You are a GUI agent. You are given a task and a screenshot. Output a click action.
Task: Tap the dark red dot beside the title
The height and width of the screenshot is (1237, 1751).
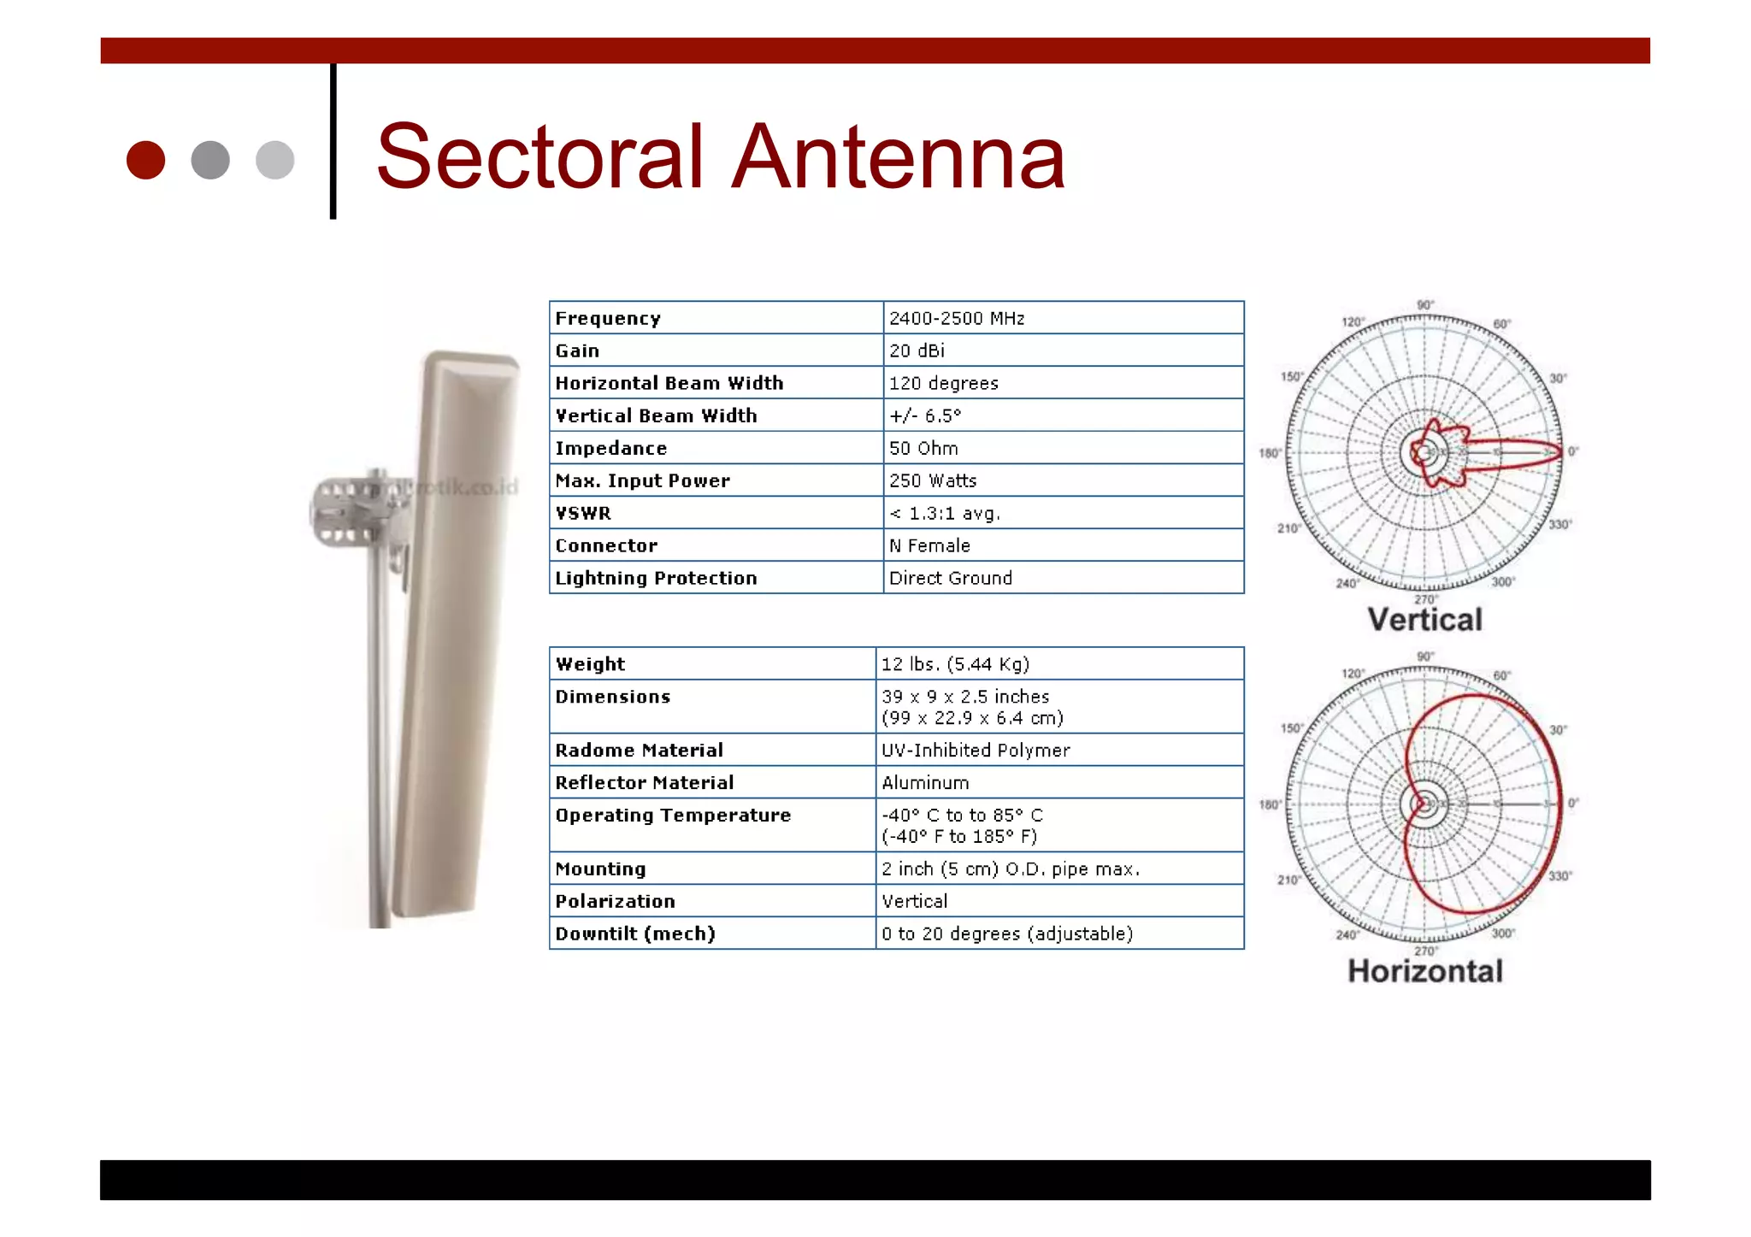tap(145, 160)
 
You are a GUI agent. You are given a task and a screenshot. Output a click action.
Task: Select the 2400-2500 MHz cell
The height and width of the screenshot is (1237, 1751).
tap(956, 318)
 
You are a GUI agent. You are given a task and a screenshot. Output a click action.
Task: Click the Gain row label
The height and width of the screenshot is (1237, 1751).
tap(577, 350)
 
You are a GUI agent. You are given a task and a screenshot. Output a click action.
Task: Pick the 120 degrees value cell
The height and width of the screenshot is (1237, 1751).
tap(943, 383)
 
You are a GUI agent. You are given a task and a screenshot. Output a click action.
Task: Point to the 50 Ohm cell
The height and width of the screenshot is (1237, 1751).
tap(923, 448)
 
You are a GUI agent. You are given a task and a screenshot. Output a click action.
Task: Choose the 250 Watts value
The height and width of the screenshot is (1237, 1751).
tap(932, 480)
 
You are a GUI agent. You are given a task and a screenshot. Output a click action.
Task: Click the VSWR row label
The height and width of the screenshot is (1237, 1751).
tap(583, 513)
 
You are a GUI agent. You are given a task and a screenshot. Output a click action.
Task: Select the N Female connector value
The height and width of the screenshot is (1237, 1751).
tap(929, 545)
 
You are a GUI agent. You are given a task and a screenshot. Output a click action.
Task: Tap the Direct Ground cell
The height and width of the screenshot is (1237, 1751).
tap(950, 578)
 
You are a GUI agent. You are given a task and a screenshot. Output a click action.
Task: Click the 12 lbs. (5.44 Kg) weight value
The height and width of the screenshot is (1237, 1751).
tap(955, 664)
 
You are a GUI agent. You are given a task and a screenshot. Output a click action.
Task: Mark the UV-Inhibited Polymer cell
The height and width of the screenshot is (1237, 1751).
tap(975, 750)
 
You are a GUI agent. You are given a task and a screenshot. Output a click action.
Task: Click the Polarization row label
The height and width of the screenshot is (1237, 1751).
tap(615, 901)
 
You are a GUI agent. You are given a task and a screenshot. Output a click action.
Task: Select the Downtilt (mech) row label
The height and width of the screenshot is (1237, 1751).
tap(634, 934)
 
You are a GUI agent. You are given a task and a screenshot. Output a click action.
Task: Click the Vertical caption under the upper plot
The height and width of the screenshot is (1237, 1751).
tap(1424, 620)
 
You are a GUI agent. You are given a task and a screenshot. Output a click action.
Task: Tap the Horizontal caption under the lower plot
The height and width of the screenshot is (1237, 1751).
tap(1424, 971)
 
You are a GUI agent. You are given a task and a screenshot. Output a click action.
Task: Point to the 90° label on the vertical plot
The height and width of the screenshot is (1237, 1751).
tap(1424, 305)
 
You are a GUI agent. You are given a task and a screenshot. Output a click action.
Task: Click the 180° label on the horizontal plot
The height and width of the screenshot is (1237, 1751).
tap(1270, 804)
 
